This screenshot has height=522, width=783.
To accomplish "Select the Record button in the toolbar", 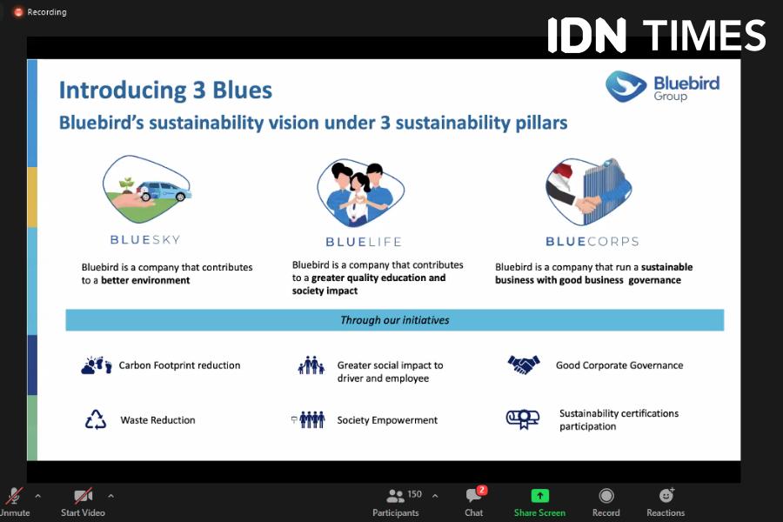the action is (606, 496).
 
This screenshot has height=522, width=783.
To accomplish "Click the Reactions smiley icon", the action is (666, 495).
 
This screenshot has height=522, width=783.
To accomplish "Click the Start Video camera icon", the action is (83, 496).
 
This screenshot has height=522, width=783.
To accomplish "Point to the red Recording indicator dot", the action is (18, 12).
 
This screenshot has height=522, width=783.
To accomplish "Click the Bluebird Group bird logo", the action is (626, 86).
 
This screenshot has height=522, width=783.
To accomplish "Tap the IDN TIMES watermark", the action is (656, 35).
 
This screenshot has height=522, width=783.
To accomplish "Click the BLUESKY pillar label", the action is (145, 240).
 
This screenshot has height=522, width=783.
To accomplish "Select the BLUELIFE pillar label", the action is (364, 242).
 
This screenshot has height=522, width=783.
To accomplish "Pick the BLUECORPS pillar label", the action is (592, 242).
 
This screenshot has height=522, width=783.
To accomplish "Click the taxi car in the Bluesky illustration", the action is (164, 191).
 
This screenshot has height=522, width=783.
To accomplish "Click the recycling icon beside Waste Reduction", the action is (96, 419).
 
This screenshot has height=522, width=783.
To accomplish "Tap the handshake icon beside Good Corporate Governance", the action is (524, 365).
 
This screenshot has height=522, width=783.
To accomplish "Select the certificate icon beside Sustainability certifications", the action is (523, 418).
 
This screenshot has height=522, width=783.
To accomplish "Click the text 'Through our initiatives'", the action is (394, 320).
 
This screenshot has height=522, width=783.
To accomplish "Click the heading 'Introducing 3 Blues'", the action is (166, 90).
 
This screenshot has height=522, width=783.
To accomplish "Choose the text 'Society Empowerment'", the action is (387, 420).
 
